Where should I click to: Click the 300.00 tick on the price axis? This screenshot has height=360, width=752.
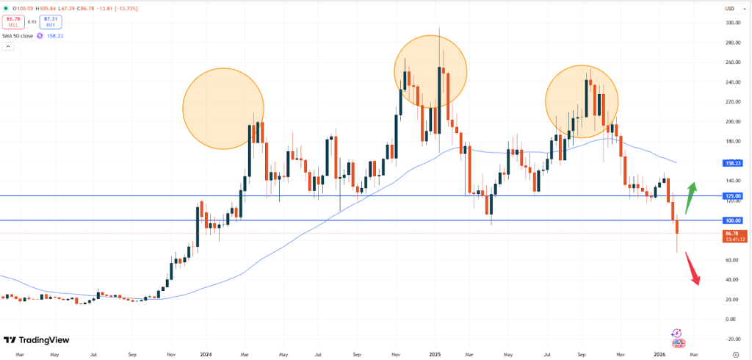731,23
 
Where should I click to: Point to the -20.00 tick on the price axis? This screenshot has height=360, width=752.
731,339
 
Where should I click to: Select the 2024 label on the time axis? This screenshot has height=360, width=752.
206,353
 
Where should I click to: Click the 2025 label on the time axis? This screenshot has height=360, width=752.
434,353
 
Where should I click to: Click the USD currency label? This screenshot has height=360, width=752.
730,8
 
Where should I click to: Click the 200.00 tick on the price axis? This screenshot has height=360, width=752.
731,122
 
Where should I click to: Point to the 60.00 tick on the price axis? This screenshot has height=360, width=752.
731,260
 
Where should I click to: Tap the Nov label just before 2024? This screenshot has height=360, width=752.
170,353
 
